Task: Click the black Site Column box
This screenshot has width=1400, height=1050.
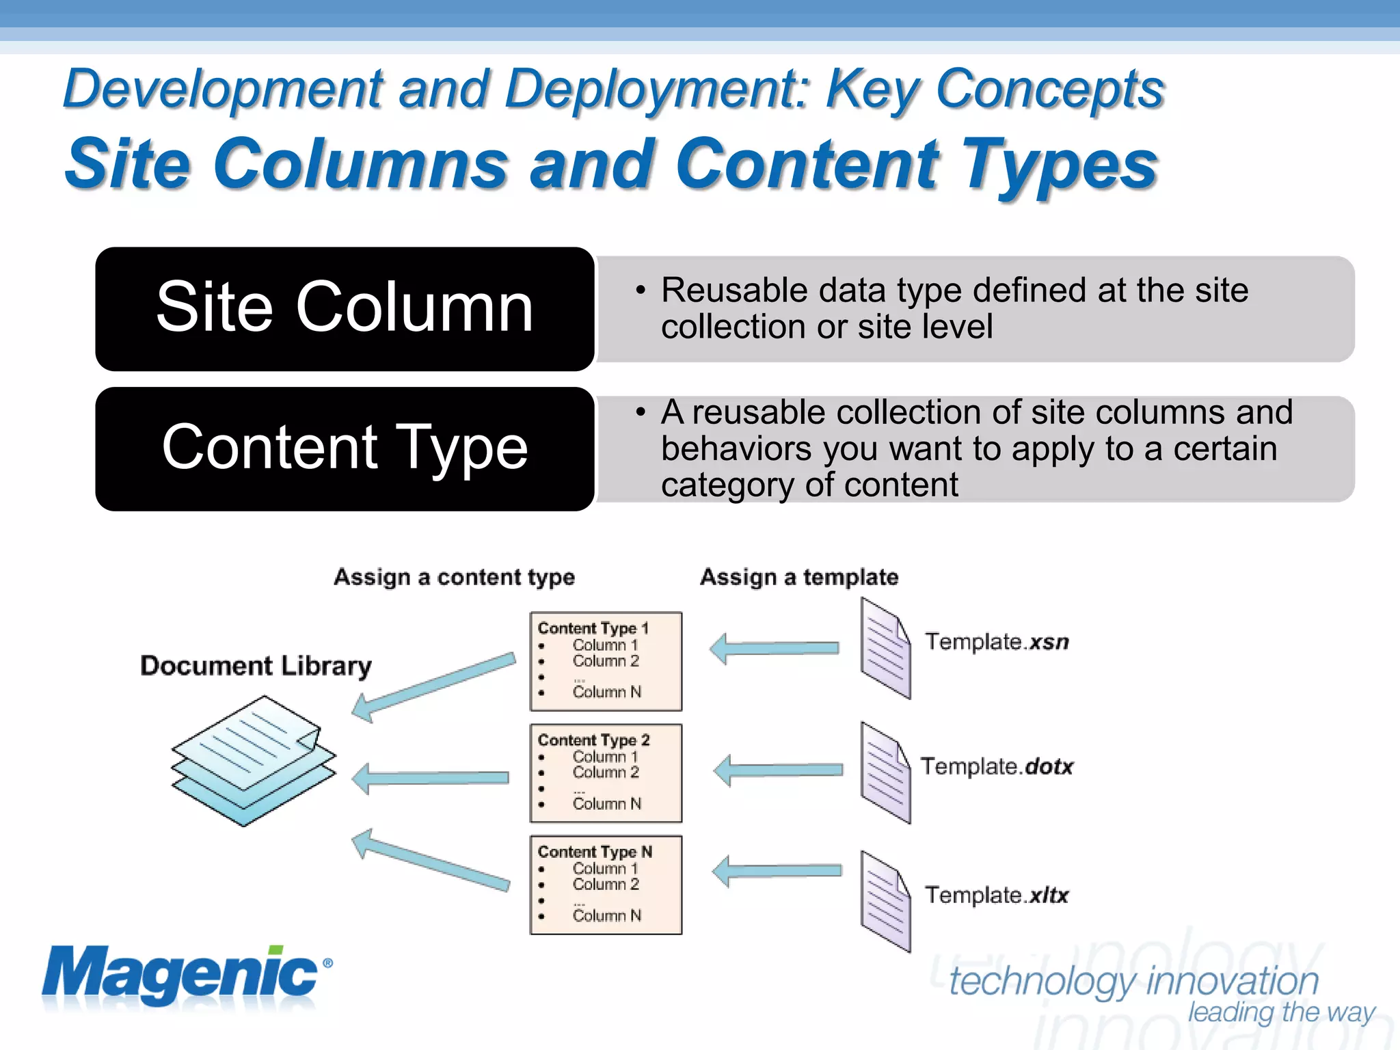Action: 345,309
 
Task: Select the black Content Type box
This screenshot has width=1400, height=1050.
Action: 345,449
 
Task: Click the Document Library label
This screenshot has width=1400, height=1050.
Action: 256,666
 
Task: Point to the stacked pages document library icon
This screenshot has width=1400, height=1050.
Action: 253,760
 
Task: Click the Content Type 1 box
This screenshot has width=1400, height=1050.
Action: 606,661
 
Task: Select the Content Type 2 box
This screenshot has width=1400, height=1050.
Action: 606,773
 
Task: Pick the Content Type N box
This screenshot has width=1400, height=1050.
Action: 606,885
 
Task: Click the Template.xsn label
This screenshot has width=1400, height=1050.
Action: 996,642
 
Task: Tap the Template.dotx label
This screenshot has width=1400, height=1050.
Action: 996,767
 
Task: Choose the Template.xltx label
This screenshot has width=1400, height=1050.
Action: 996,895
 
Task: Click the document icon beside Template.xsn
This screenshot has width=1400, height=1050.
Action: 885,648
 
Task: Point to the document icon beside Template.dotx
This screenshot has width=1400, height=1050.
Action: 885,772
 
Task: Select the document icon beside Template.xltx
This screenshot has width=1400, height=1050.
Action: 885,901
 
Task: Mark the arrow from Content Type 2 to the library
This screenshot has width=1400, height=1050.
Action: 431,778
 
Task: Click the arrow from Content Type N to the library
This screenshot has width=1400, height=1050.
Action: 431,861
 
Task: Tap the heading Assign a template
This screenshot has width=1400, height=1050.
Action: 799,578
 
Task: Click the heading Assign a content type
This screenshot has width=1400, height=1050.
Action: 454,578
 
